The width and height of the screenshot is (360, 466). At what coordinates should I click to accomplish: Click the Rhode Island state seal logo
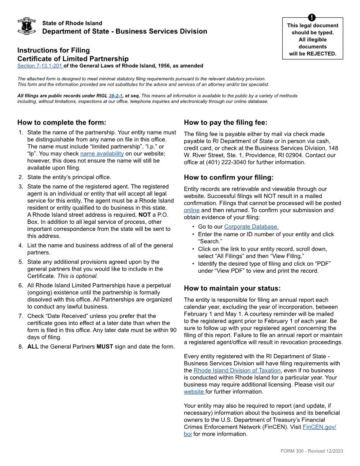tap(26, 27)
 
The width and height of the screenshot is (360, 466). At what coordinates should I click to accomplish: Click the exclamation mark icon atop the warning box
tap(312, 18)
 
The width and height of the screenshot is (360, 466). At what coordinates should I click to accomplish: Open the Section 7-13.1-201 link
tap(40, 66)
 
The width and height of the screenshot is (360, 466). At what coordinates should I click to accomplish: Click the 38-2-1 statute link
tap(116, 95)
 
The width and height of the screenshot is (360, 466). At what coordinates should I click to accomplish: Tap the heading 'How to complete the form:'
tap(62, 123)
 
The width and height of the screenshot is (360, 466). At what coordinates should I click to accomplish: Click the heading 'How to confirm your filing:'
tap(229, 178)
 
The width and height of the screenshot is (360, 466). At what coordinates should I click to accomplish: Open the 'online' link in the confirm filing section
tap(191, 210)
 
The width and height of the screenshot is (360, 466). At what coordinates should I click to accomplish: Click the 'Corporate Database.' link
tap(251, 227)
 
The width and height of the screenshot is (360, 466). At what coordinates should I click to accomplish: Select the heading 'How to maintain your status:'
tap(232, 289)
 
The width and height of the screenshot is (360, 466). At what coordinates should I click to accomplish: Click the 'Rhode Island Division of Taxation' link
tap(237, 371)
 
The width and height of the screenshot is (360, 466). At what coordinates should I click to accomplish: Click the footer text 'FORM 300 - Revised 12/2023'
tap(311, 451)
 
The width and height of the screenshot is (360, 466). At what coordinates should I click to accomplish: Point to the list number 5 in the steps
tap(21, 262)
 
